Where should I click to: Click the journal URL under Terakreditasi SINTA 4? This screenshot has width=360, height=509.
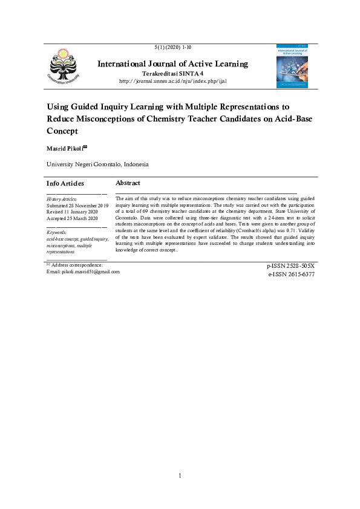(173, 81)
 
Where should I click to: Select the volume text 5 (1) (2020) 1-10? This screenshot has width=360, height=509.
(174, 47)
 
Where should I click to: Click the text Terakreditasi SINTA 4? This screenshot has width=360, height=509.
(172, 73)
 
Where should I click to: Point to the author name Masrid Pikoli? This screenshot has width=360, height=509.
(67, 148)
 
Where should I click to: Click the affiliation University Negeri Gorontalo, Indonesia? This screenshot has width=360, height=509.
(97, 164)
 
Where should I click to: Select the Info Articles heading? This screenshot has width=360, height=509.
(65, 183)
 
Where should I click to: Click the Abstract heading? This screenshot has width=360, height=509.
(128, 183)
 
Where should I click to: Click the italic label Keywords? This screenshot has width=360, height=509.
(56, 232)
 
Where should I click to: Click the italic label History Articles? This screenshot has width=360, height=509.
(62, 199)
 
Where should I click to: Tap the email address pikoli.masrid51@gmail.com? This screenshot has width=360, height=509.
(91, 271)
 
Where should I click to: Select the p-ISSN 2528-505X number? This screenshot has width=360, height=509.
(290, 266)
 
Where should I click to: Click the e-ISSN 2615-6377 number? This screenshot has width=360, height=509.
(291, 274)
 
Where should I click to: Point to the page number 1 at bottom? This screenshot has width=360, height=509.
(180, 476)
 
